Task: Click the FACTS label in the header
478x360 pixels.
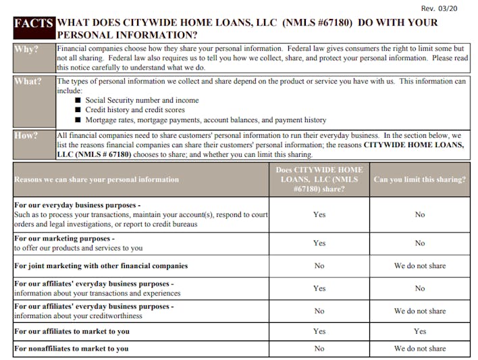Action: pos(34,23)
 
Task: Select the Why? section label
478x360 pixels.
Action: pos(27,50)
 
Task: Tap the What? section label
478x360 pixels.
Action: pos(28,82)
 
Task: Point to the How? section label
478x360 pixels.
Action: pos(27,135)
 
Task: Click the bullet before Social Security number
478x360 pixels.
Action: pos(78,100)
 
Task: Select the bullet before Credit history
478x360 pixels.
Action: pos(78,110)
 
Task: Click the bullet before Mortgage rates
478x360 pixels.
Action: pos(78,120)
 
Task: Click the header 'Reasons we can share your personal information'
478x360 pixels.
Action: pos(97,180)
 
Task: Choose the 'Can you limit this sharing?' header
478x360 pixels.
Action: pos(419,180)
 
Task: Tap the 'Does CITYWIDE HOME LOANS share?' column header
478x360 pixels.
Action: pos(319,180)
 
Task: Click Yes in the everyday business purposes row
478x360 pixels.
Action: pos(319,215)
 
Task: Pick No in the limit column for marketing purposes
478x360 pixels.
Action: pos(419,243)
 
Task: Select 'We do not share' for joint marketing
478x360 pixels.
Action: pos(419,266)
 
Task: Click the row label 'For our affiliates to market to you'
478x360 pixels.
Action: pos(72,332)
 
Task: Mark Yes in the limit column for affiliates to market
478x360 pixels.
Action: pos(419,332)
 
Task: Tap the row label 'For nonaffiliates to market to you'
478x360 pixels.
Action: pos(72,349)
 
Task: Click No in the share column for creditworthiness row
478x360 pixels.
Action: pos(319,311)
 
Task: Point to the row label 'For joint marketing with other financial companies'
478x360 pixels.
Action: pos(101,266)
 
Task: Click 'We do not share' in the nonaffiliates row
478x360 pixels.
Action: pos(419,349)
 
